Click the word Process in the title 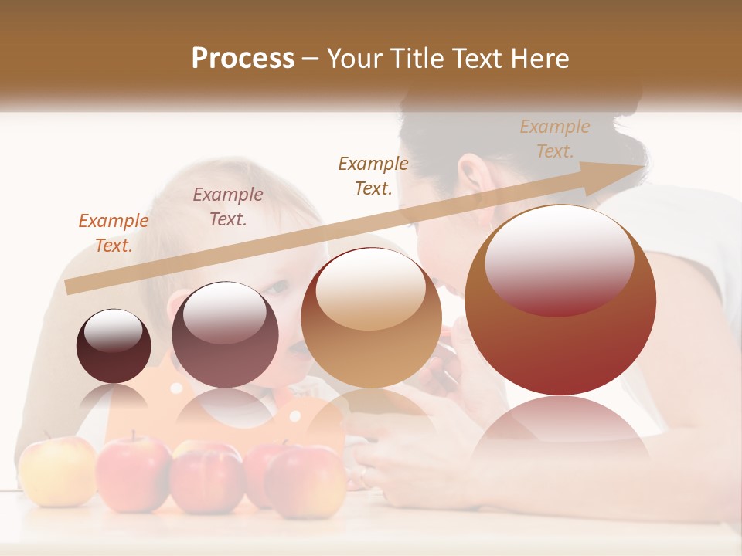point(243,58)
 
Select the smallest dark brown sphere point(114,346)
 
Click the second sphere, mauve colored point(225,334)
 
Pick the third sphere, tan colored point(371,317)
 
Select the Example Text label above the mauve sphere point(228,206)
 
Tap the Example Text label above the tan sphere point(373,175)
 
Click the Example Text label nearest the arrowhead point(555,139)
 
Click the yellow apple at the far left point(56,470)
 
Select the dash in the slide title point(311,59)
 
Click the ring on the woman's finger point(363,472)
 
